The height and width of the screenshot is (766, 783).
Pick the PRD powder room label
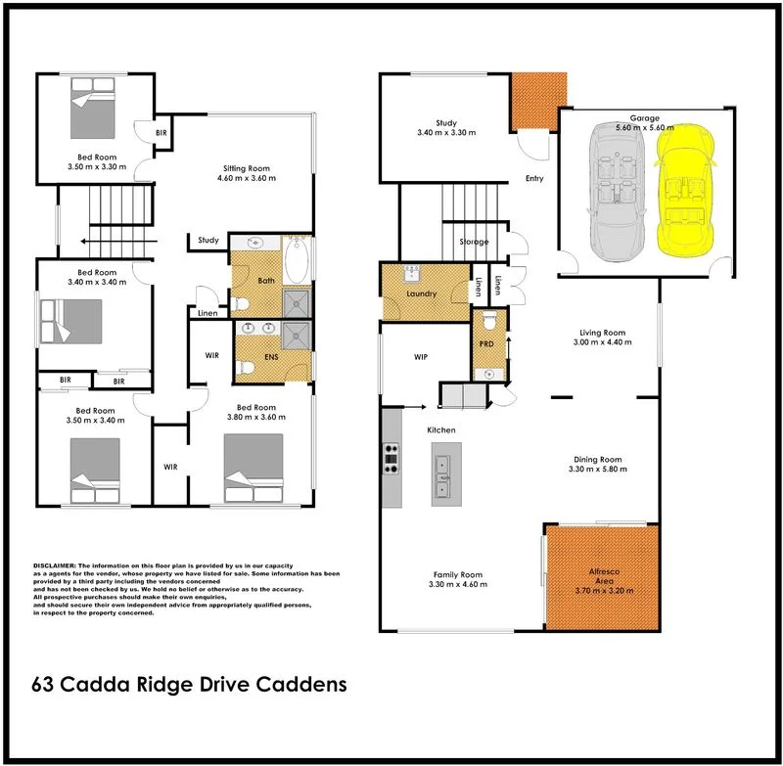(486, 344)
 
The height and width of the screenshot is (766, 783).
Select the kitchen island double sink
(445, 474)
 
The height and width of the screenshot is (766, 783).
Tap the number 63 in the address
(43, 684)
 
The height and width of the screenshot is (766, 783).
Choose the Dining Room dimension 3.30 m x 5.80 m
(597, 471)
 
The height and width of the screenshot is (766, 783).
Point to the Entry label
(533, 179)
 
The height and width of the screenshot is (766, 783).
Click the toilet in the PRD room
(488, 321)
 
